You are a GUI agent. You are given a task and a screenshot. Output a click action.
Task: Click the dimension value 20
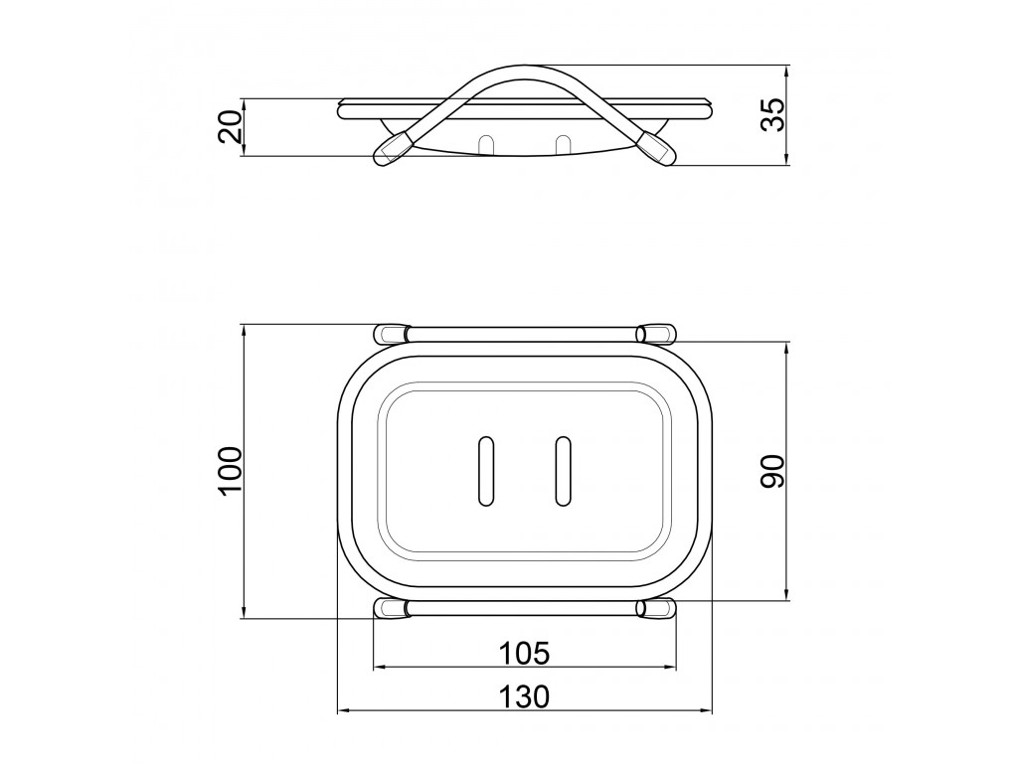[230, 126]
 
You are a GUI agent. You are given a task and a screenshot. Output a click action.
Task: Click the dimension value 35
[772, 114]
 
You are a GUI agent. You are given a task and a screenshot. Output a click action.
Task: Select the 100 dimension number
[230, 471]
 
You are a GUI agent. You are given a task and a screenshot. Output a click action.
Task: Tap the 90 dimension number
[772, 471]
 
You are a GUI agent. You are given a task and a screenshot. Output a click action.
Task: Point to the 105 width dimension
[523, 653]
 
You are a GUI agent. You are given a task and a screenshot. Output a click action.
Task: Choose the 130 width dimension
[523, 696]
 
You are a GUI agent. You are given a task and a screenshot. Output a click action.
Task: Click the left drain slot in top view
[485, 470]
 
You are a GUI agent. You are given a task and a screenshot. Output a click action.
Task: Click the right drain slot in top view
[563, 470]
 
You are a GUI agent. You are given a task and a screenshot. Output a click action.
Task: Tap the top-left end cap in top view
[392, 334]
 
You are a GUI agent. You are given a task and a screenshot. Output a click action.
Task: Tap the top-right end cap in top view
[656, 334]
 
